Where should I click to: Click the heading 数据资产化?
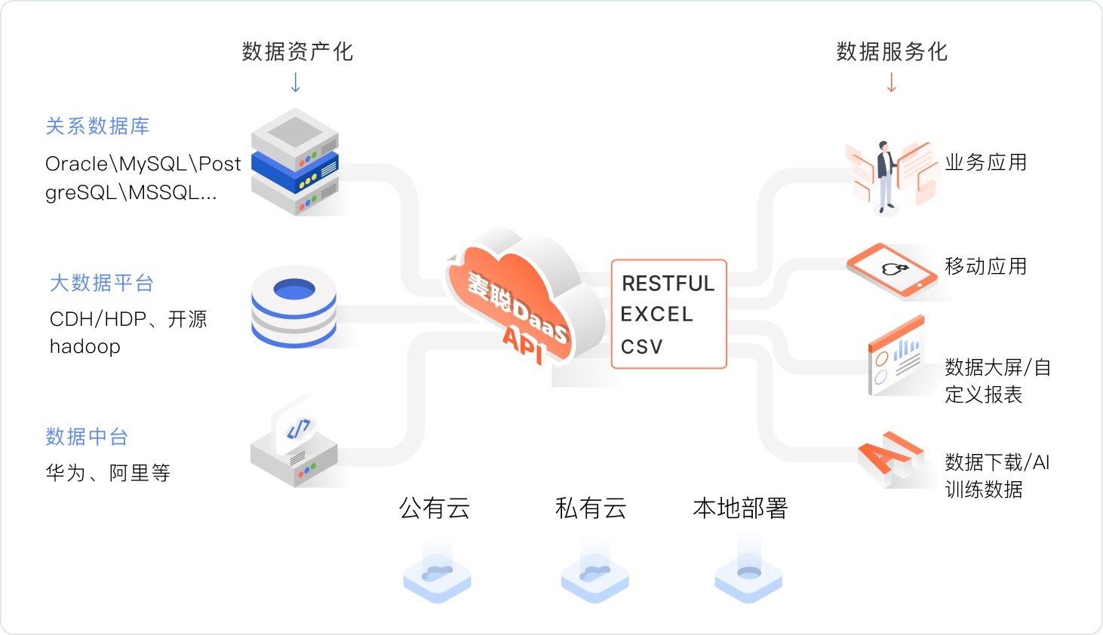[x=297, y=51]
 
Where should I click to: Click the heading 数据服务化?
[x=892, y=51]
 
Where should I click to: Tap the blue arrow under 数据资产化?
[x=296, y=82]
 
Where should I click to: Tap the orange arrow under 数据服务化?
[x=892, y=82]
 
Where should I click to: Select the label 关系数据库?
[x=97, y=126]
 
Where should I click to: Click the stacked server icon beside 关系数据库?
[x=295, y=162]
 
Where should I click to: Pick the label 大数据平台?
[x=102, y=283]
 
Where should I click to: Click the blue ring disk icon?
[x=294, y=305]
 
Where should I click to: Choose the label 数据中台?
[x=87, y=437]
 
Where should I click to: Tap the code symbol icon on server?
[x=299, y=429]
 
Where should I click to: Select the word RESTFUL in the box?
[x=668, y=284]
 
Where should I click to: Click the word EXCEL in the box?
[x=656, y=314]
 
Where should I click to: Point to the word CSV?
[x=642, y=347]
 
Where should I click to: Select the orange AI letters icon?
[x=890, y=455]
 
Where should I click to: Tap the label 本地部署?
[x=740, y=508]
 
